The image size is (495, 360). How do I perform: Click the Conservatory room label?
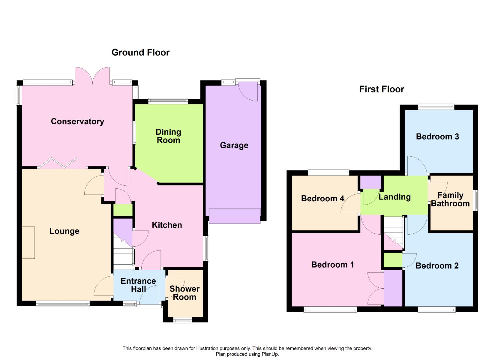coord(77,121)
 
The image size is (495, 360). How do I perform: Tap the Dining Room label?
coord(168,136)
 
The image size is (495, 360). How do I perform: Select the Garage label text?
coord(234,145)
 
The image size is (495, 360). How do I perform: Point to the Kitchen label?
coord(167,225)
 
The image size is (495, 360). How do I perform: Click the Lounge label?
coord(64,231)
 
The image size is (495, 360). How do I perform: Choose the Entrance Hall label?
coord(138,285)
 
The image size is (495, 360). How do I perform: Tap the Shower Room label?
coord(184,293)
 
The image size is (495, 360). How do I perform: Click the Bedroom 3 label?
coord(437,136)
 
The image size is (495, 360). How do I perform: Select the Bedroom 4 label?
coord(322,199)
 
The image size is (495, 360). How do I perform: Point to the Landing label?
coord(395,197)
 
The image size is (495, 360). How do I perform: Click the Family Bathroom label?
coord(450,199)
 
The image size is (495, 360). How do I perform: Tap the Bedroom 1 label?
coord(332,265)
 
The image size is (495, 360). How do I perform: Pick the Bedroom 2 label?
coord(437,266)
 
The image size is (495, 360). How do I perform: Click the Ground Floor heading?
coord(140,52)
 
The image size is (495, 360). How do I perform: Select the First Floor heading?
coord(381,89)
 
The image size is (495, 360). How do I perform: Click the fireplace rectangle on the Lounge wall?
coord(28,242)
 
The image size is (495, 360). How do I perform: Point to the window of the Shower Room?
coord(183,320)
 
